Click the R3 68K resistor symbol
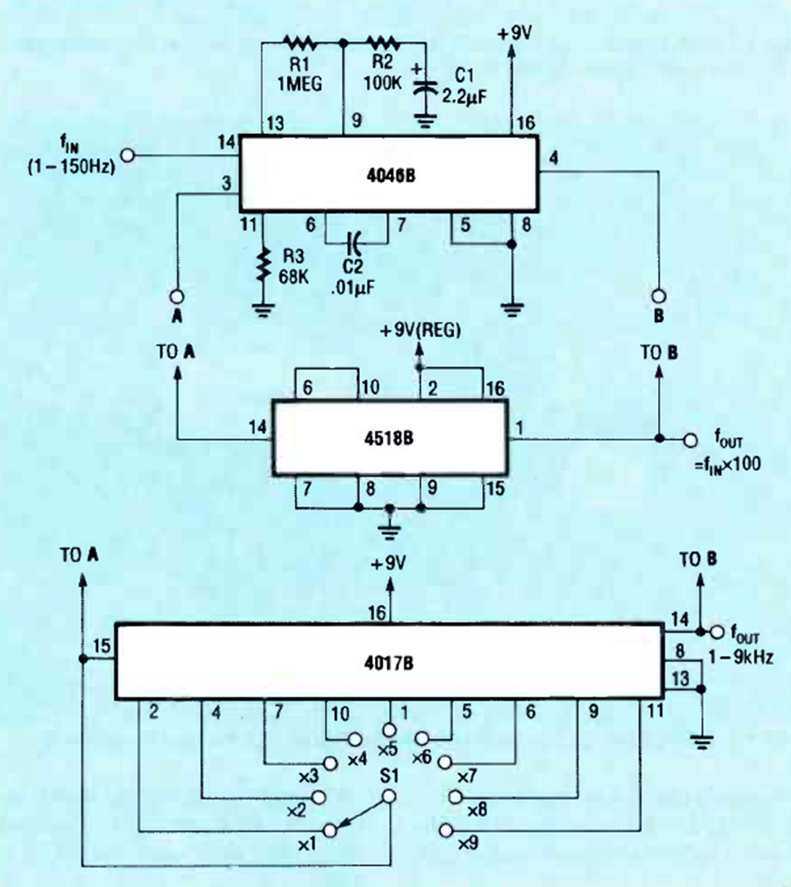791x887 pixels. pyautogui.click(x=263, y=265)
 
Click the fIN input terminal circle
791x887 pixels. pyautogui.click(x=127, y=155)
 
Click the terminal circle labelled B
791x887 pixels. pyautogui.click(x=659, y=295)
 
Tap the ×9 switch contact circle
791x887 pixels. pyautogui.click(x=446, y=832)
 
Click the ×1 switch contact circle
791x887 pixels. pyautogui.click(x=331, y=831)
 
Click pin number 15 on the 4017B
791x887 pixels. pyautogui.click(x=101, y=642)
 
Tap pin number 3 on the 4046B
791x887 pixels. pyautogui.click(x=229, y=183)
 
